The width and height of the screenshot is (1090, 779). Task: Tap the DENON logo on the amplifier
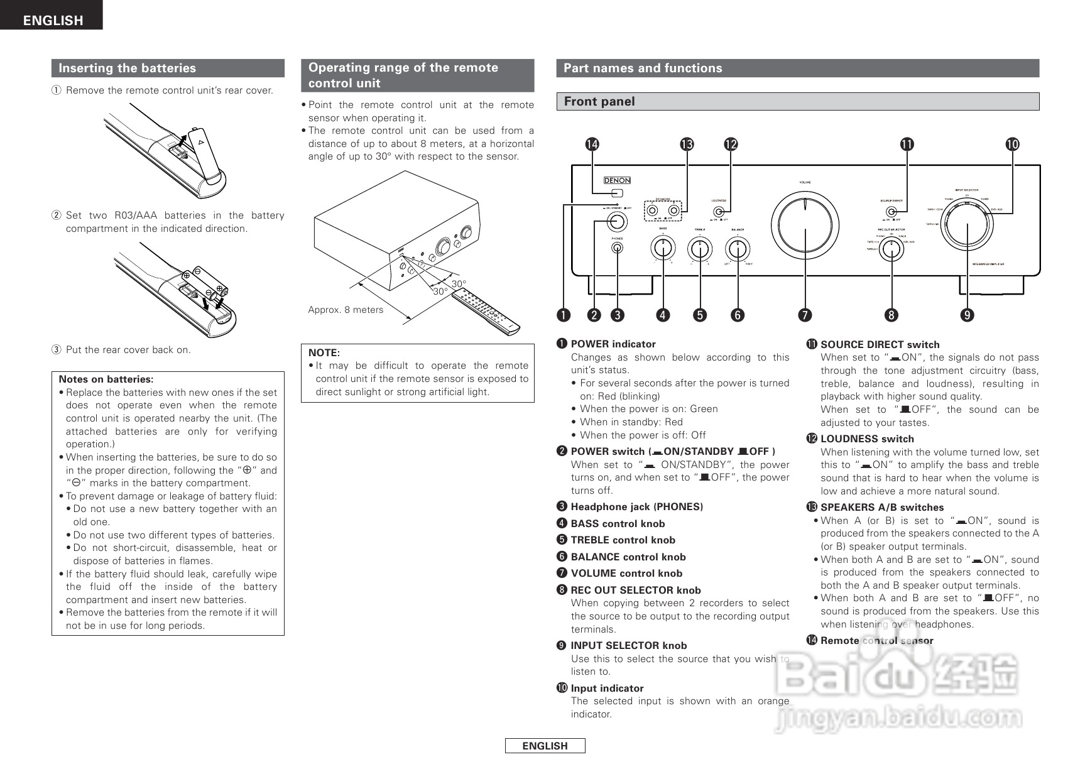[617, 180]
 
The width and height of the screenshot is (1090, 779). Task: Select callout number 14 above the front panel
[592, 144]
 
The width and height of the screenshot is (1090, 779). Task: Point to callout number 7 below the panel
[805, 315]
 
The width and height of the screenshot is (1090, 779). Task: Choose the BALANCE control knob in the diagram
[738, 249]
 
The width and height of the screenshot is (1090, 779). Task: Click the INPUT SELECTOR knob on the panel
[967, 228]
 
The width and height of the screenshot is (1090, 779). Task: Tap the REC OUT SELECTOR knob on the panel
[891, 249]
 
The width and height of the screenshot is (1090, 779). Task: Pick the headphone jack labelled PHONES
[618, 248]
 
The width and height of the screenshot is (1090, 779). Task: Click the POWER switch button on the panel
[616, 221]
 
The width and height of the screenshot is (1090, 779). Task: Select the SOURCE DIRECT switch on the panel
[890, 212]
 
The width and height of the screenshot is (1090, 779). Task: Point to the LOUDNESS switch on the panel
[719, 212]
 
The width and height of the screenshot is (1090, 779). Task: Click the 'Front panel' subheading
[599, 102]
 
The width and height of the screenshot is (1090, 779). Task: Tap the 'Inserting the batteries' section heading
[128, 68]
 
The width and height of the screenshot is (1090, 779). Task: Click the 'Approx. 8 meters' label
[346, 310]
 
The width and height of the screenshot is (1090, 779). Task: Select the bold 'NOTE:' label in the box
[324, 353]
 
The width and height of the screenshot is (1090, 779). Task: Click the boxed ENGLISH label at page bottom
[545, 746]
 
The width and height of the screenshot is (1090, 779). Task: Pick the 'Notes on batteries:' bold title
[106, 379]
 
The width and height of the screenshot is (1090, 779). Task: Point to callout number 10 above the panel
[1012, 144]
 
